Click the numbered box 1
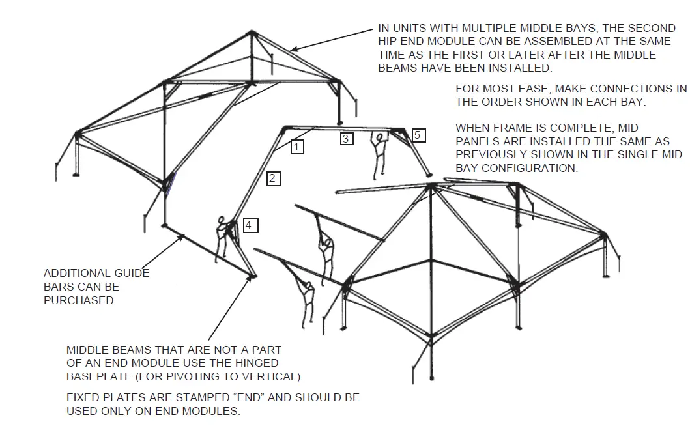tap(296, 147)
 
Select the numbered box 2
tap(274, 178)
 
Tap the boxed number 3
tap(346, 138)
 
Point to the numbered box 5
tap(419, 135)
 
